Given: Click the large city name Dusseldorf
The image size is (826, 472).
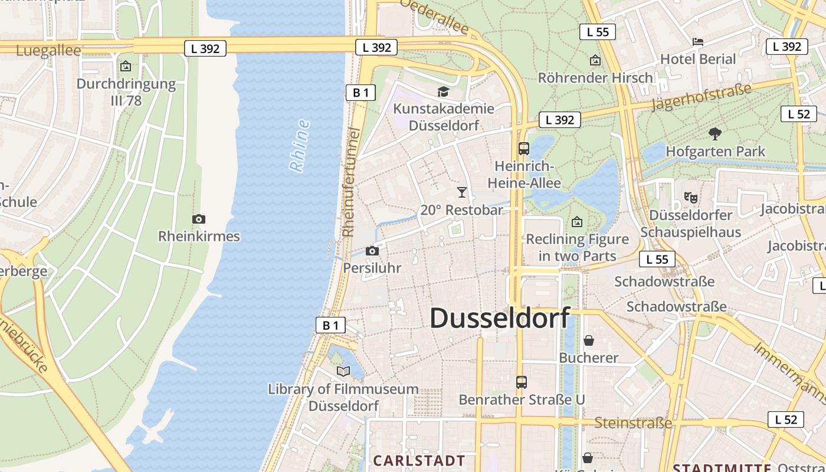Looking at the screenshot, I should tap(499, 319).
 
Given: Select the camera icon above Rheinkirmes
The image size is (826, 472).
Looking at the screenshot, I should tap(199, 219).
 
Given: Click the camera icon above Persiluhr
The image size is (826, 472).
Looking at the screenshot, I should tap(372, 251).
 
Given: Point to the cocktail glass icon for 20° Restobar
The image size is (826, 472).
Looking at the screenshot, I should tap(462, 192).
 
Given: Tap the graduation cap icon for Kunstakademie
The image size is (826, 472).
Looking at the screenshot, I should tap(443, 91).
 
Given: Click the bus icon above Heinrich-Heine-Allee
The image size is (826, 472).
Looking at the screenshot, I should tap(523, 149).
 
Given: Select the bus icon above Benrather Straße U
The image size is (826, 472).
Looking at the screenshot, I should tap(521, 382).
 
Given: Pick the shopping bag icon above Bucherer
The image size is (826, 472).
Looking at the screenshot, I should tap(588, 340).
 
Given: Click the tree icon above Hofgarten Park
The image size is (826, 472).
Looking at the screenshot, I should tap(715, 134).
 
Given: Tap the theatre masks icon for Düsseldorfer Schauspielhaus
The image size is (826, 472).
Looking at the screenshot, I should tap(690, 198).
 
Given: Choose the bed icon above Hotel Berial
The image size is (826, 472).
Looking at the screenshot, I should tap(698, 42).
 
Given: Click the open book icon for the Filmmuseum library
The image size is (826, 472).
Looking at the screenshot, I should tap(343, 371).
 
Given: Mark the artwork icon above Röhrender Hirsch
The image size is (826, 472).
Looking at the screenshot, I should tap(595, 60).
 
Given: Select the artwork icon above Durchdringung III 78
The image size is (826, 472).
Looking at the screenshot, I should tap(125, 67).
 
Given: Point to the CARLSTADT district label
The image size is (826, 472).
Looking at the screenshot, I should tap(419, 460).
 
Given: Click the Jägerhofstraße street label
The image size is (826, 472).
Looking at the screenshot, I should tap(702, 97).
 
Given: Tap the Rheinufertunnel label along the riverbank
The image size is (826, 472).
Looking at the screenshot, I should tap(352, 183).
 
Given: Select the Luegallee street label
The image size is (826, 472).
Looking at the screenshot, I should tap(48, 51).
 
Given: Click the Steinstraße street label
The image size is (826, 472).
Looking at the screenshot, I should tap(633, 423).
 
